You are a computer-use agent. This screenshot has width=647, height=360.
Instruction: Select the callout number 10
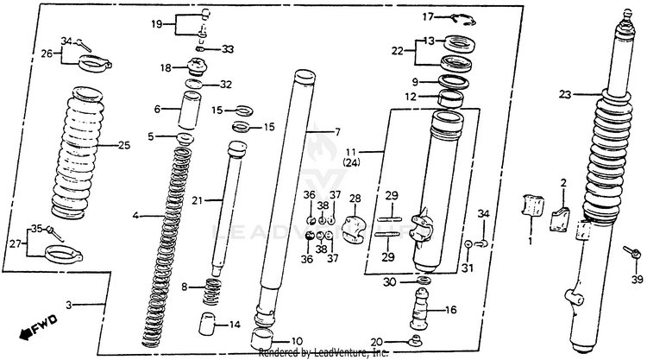pos(296,340)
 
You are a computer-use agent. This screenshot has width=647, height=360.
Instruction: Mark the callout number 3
pos(71,306)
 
